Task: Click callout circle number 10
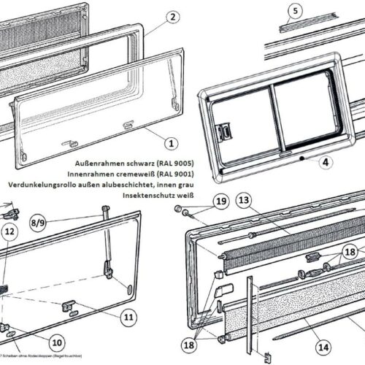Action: (x=55, y=340)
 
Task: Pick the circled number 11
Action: (x=128, y=317)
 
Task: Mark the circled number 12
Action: (x=9, y=232)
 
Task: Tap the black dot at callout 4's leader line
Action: (x=301, y=156)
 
